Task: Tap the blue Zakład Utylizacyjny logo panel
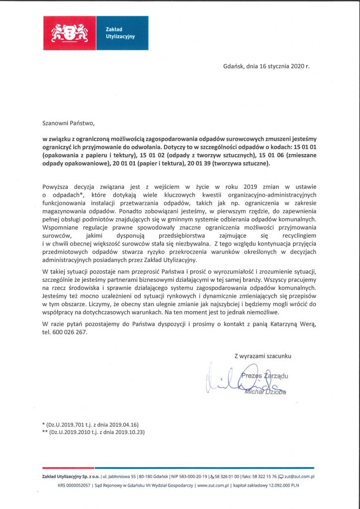(121, 33)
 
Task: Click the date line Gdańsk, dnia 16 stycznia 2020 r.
(266, 66)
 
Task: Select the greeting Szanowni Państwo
(68, 122)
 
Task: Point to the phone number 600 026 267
(71, 332)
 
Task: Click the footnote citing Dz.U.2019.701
(90, 424)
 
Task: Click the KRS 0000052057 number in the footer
(75, 485)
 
